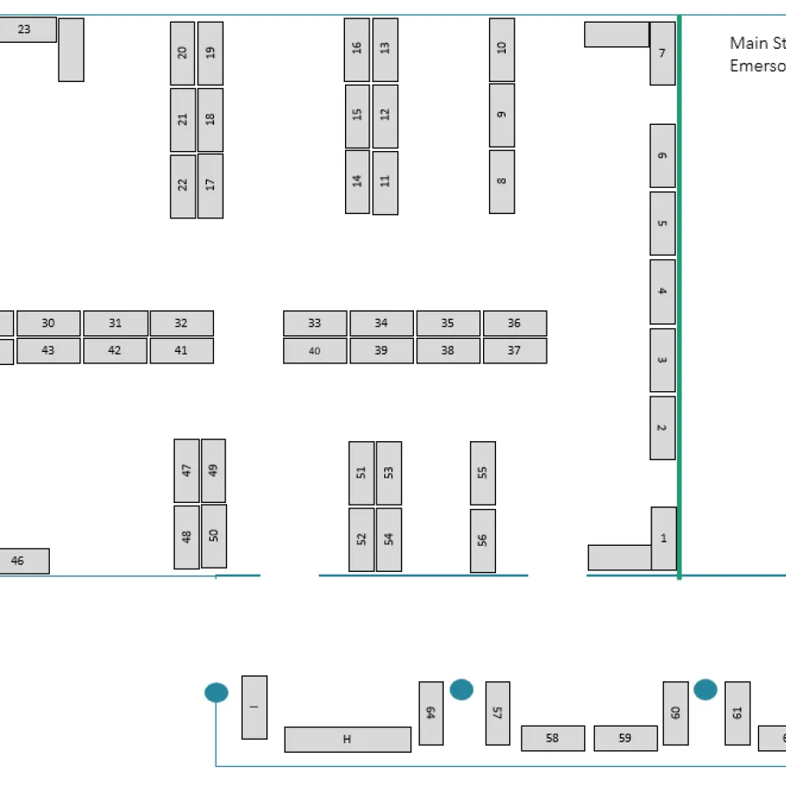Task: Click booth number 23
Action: (24, 30)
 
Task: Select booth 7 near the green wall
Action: (662, 53)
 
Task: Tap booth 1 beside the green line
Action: (663, 538)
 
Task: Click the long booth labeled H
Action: (347, 739)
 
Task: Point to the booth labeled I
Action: (254, 707)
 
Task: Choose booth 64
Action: (431, 713)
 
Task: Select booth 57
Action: (497, 713)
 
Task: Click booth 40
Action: (314, 351)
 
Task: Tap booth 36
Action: (514, 323)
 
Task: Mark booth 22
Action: (183, 186)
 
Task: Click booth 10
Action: (501, 49)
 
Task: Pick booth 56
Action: (482, 541)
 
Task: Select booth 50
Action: (214, 535)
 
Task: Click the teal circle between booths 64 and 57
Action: (461, 689)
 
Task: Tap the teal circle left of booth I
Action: (217, 693)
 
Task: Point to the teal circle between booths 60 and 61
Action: (705, 689)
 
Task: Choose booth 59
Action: (625, 738)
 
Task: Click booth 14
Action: (357, 182)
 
